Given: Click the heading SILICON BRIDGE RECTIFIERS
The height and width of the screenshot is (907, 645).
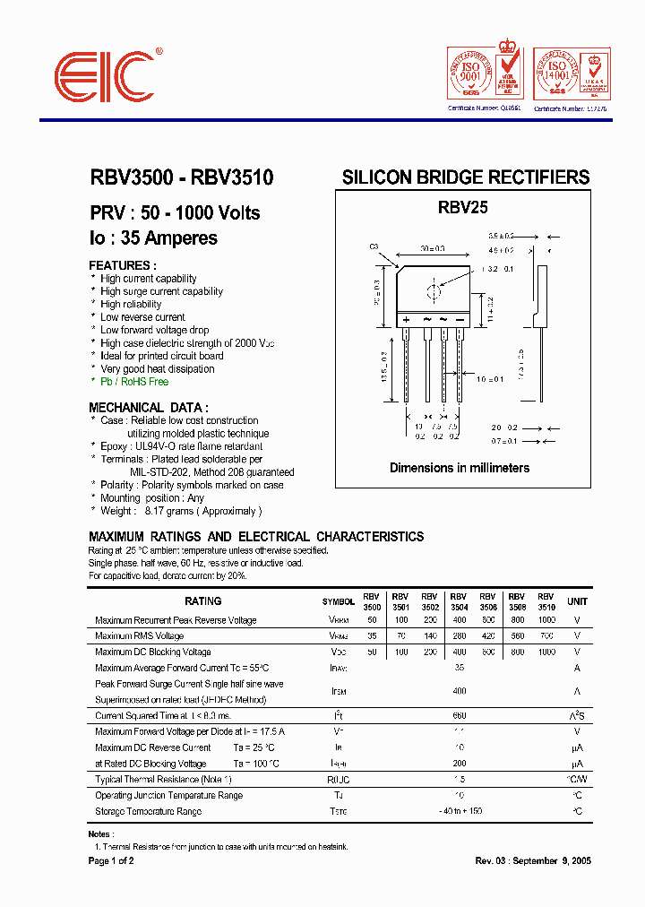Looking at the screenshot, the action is [466, 177].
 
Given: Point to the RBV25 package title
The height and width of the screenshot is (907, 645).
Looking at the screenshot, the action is [462, 207].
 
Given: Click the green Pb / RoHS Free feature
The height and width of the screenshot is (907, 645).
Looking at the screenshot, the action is [134, 382].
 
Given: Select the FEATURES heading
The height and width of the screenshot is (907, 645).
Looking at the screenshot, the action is [123, 265].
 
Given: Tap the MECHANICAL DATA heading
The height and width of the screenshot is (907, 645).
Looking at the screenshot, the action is [149, 407].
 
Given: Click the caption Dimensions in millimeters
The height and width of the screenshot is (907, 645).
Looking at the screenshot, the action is [460, 468].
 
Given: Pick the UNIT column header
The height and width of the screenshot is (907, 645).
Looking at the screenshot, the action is [578, 601].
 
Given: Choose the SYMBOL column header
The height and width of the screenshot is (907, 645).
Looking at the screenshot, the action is [338, 601].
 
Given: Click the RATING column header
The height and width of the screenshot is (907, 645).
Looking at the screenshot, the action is [202, 601].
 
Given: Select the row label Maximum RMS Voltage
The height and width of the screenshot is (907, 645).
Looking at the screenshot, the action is [139, 636].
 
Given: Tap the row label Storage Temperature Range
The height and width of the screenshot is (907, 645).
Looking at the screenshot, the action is [148, 811].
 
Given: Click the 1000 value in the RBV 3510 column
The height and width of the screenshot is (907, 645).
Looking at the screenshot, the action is [546, 620].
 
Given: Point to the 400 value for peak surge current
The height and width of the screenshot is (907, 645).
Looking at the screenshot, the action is [460, 691].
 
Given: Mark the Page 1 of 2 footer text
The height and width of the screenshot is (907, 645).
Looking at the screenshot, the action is [111, 861].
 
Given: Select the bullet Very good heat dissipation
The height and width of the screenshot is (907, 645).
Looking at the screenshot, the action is [158, 369].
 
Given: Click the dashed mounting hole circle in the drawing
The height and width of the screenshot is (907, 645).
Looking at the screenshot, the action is [434, 291].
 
